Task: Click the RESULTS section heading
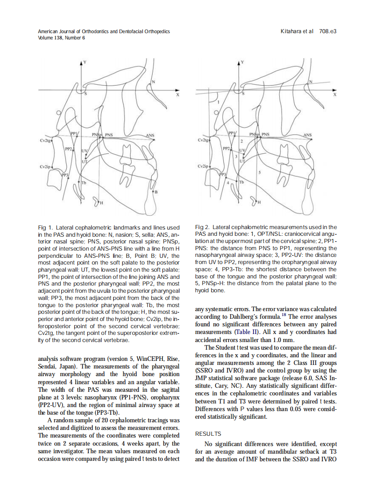[208, 434]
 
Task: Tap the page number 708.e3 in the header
[328, 32]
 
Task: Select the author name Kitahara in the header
[291, 32]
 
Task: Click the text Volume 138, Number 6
[61, 38]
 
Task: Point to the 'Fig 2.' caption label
[203, 228]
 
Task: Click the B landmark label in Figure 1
[156, 192]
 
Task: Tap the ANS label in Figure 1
[150, 135]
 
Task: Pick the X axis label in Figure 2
[335, 95]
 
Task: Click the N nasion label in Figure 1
[153, 82]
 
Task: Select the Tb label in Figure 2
[242, 182]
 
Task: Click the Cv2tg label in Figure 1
[45, 141]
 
